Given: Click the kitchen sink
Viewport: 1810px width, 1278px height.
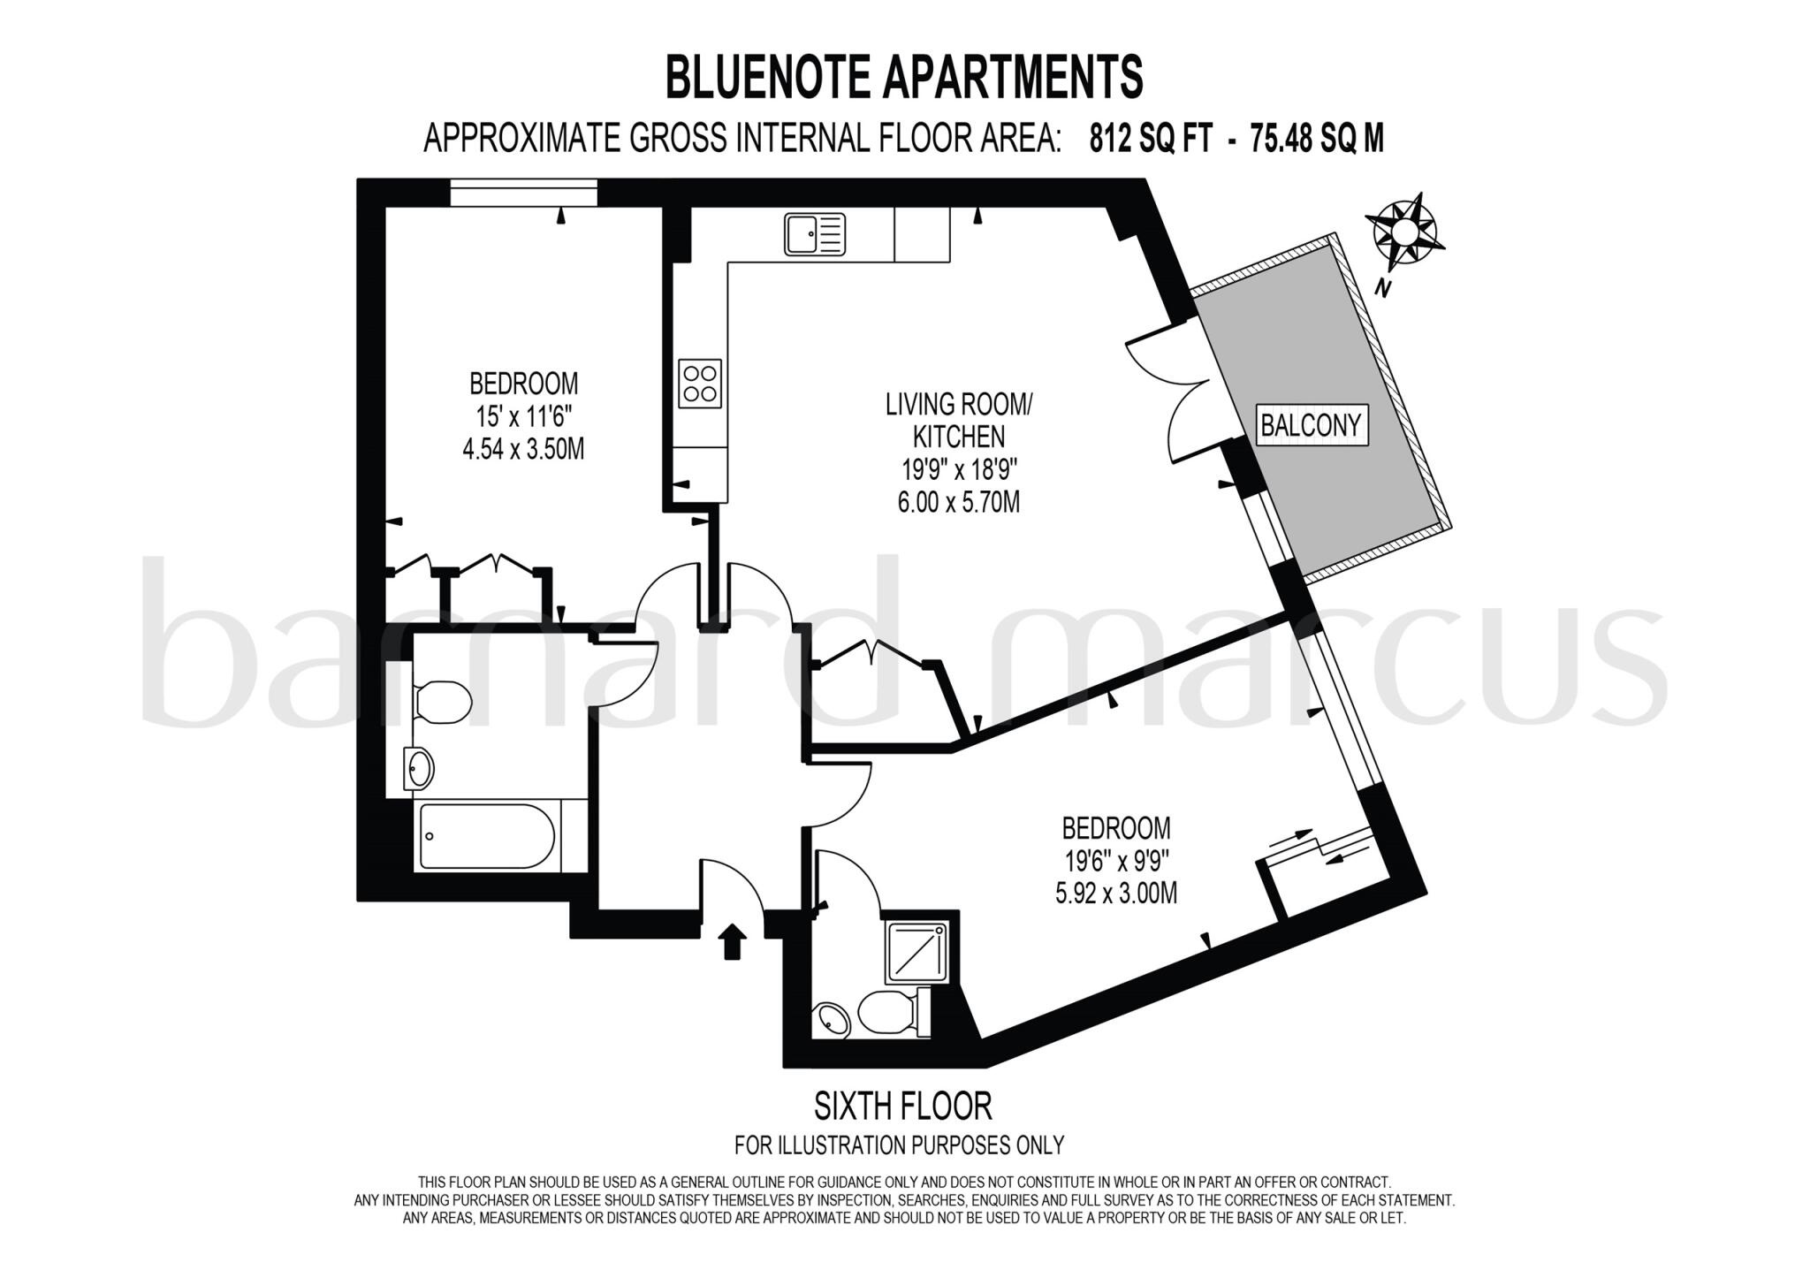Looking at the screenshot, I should click(814, 234).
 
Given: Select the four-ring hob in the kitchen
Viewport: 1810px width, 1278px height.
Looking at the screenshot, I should click(699, 383).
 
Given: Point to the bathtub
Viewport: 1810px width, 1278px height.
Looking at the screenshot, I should click(487, 836).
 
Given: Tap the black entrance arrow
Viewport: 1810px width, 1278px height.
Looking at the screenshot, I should click(733, 941).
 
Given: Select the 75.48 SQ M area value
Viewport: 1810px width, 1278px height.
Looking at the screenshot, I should click(1316, 139).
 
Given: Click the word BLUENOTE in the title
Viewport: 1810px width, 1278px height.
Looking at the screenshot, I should click(769, 77).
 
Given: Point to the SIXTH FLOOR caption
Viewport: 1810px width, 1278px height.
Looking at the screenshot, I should click(902, 1106).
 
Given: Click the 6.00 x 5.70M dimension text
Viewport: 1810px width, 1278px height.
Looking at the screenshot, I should click(959, 502).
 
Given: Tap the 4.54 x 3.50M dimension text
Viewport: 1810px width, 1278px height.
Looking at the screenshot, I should click(523, 449).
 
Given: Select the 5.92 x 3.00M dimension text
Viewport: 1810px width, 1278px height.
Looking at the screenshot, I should click(1116, 894).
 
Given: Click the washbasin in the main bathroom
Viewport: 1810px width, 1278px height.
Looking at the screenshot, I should click(419, 767).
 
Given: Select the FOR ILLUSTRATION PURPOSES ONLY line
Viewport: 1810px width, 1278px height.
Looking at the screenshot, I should click(899, 1145).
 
